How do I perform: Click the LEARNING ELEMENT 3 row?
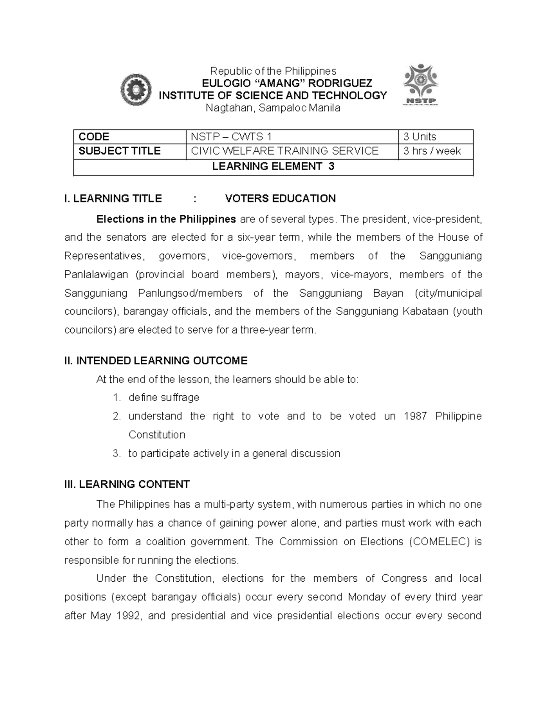coord(273,166)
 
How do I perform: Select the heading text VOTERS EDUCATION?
coord(280,198)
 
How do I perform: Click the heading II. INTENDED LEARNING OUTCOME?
coord(156,361)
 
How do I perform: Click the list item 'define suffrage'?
coord(164,398)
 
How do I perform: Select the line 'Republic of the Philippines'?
coord(273,71)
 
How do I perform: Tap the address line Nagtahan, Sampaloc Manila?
coord(273,108)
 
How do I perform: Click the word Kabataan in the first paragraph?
coord(425,311)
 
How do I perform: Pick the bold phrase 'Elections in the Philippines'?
coord(166,219)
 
